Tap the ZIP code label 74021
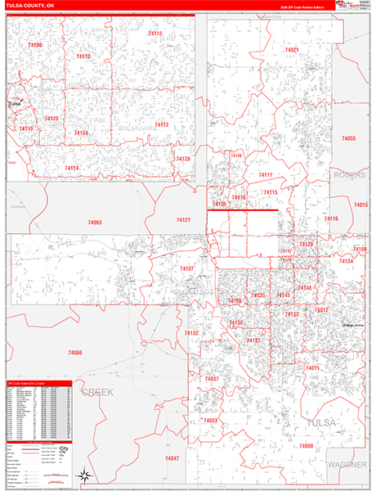[292, 51]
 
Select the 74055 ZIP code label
[349, 139]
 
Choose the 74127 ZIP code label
[183, 220]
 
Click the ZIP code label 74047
[172, 457]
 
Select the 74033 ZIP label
[210, 420]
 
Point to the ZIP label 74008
[306, 445]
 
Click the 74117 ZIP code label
[266, 175]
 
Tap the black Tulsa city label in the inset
[14, 104]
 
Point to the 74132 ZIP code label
[191, 333]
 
